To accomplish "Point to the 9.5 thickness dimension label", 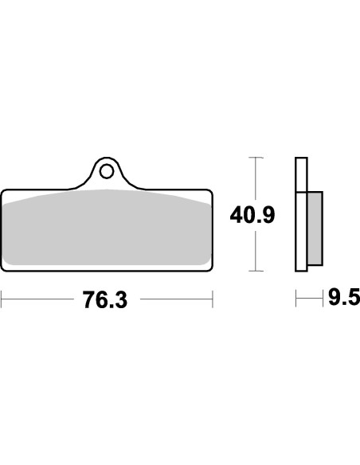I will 343,299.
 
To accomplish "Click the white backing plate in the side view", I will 300,215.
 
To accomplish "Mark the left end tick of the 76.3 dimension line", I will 2,299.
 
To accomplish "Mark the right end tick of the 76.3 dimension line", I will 213,299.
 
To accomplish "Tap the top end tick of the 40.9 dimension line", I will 254,158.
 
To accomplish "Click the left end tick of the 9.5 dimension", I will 296,299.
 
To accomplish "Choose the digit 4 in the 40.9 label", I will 237,216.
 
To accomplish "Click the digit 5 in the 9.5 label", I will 353,299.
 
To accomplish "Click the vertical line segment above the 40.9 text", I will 254,179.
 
